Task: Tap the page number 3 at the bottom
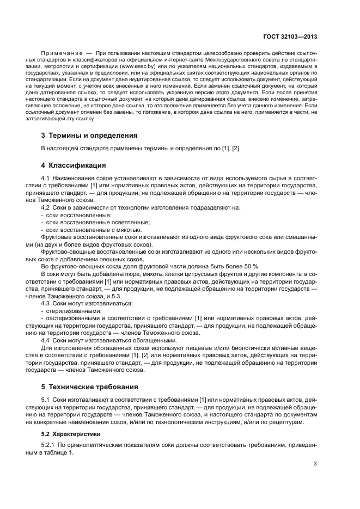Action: coord(315,464)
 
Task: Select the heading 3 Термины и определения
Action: coord(89,135)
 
